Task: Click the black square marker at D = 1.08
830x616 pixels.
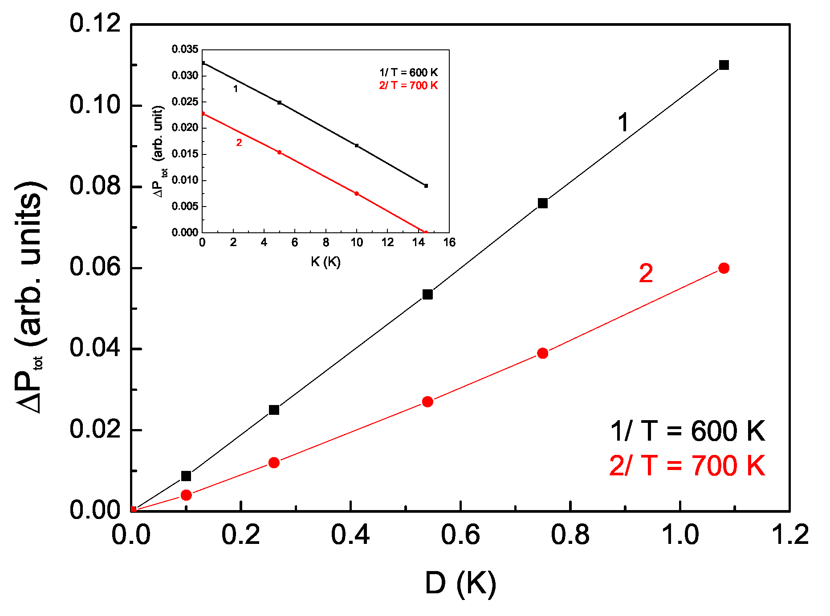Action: pyautogui.click(x=724, y=65)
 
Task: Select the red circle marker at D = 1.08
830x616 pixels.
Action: pyautogui.click(x=724, y=268)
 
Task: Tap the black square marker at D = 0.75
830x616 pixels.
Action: pyautogui.click(x=542, y=203)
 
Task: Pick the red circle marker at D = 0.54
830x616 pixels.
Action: pyautogui.click(x=427, y=401)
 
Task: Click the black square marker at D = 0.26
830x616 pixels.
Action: pyautogui.click(x=274, y=409)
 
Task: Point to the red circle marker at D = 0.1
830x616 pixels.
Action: pyautogui.click(x=186, y=495)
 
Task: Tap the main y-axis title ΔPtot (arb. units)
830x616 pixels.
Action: pyautogui.click(x=30, y=297)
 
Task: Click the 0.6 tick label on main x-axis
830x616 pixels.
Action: pyautogui.click(x=460, y=535)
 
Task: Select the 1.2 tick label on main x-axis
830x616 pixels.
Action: pyautogui.click(x=789, y=535)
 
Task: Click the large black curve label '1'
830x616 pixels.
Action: pyautogui.click(x=623, y=122)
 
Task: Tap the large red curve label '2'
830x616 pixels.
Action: pyautogui.click(x=646, y=273)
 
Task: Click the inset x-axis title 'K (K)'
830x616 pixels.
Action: pyautogui.click(x=325, y=262)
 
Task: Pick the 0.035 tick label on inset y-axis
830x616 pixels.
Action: pyautogui.click(x=185, y=49)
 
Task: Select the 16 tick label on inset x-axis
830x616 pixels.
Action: pyautogui.click(x=449, y=243)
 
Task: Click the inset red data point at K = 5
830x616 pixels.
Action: pyautogui.click(x=279, y=152)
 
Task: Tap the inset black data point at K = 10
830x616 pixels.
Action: pyautogui.click(x=356, y=146)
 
